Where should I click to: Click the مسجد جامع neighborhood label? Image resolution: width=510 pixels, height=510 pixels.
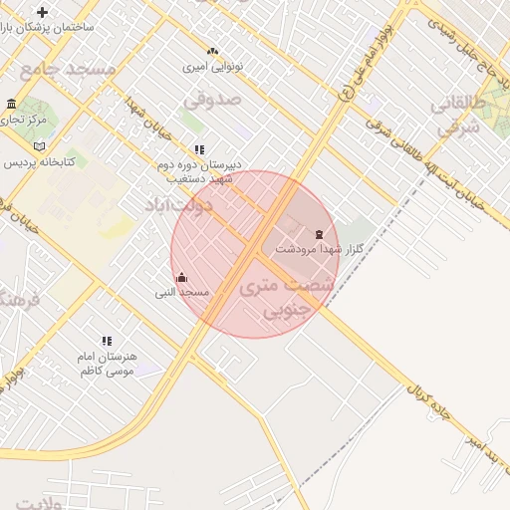68,69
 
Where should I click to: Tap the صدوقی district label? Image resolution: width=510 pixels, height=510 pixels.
212,99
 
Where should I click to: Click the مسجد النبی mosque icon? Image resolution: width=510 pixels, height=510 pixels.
181,278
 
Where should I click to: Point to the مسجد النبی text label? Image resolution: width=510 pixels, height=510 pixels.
181,293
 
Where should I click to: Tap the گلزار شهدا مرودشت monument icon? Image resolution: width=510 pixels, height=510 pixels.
319,234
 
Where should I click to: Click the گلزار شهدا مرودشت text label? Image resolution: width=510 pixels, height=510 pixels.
316,249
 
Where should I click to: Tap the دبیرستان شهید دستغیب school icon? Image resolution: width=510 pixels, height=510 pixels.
199,150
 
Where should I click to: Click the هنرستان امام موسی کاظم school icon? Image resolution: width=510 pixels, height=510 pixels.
108,342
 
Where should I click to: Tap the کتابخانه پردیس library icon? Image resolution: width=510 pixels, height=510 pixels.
40,146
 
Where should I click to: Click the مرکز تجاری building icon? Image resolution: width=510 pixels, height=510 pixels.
11,105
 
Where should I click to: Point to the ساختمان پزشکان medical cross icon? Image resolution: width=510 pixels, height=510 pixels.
42,12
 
